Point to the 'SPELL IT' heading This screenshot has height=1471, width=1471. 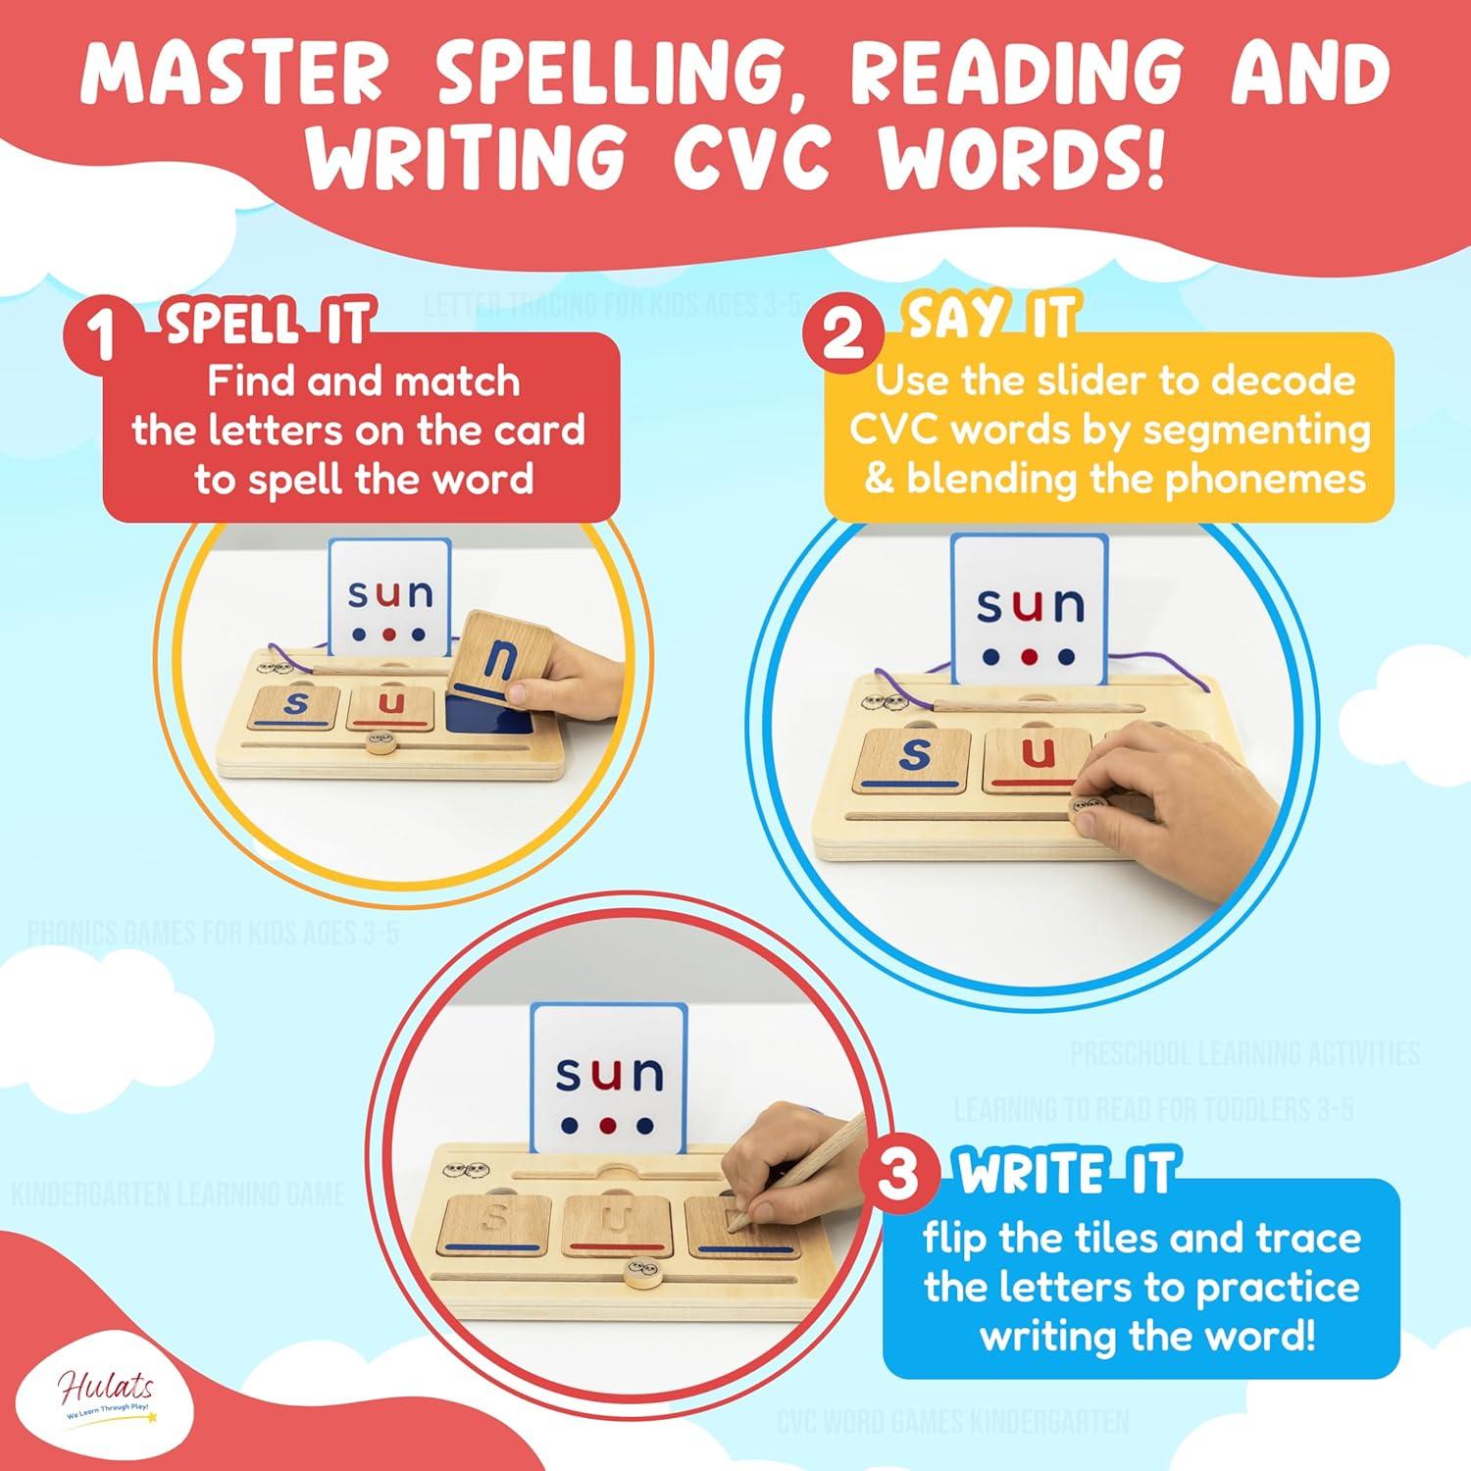(268, 323)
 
